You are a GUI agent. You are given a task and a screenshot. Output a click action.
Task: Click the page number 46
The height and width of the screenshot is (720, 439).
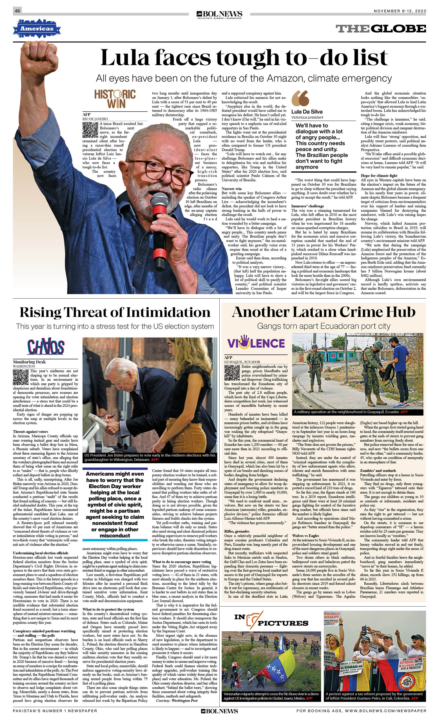pos(17,11)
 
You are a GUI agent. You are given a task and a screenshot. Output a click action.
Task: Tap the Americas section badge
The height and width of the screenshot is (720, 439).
pos(37,29)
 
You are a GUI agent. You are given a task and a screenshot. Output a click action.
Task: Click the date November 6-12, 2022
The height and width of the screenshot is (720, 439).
pos(400,11)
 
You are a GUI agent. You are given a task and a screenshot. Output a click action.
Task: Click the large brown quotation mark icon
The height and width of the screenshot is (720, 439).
pos(300,98)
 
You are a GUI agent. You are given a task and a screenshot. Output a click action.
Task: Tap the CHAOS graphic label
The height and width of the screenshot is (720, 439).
pos(46,347)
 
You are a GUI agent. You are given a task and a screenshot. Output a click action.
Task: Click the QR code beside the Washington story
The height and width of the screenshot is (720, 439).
pos(21,377)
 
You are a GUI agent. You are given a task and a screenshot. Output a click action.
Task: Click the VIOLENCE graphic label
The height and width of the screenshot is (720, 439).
pos(256,343)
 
